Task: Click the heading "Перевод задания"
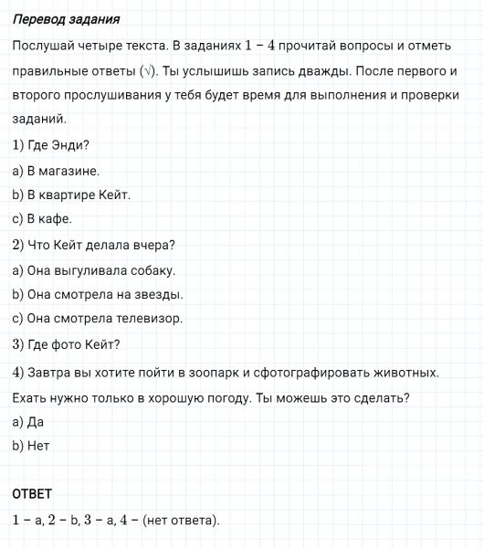66,19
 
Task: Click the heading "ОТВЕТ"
32,494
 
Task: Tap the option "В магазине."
62,170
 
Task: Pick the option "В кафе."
47,219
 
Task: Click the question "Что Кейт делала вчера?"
100,245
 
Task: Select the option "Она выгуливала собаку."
100,270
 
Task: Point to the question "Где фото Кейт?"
74,345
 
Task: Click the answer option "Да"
36,422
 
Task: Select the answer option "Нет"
37,447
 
